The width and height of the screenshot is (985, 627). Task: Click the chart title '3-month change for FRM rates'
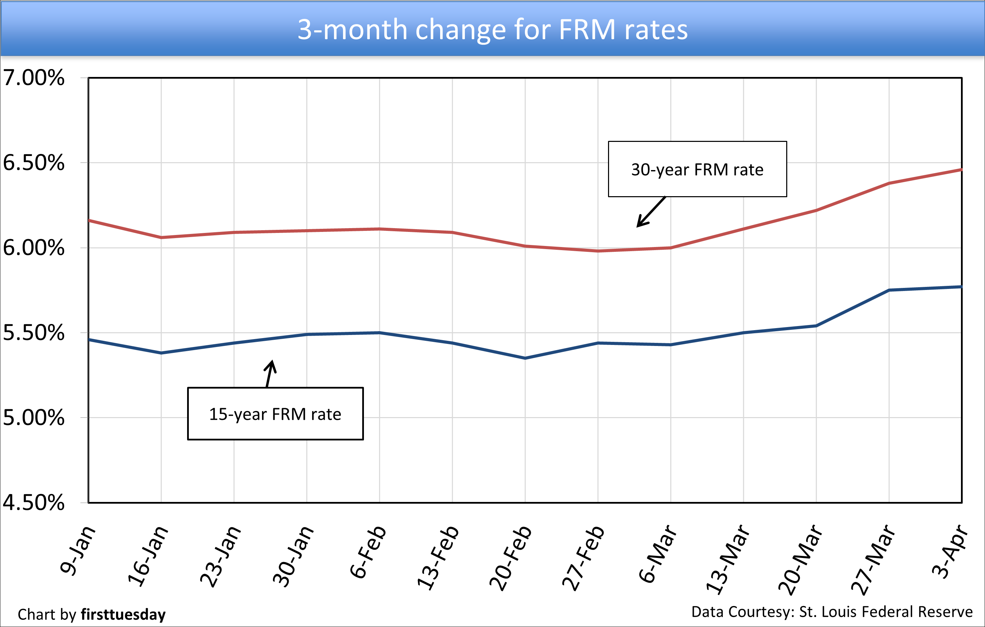click(x=492, y=30)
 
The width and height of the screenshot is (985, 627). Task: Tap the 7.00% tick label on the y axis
click(x=34, y=78)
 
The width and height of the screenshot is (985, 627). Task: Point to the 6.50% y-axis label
click(x=34, y=163)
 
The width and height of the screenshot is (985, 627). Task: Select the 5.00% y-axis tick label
click(x=34, y=418)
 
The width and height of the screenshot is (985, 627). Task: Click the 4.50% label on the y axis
click(x=34, y=503)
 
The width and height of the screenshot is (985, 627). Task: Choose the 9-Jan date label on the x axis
click(x=78, y=550)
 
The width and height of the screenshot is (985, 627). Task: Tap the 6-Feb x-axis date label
click(x=368, y=552)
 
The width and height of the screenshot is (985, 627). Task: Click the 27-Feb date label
click(x=583, y=557)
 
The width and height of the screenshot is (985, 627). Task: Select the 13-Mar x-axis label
click(x=728, y=559)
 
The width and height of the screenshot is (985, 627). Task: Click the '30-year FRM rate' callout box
click(x=697, y=169)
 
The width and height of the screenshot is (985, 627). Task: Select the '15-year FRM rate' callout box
click(x=275, y=414)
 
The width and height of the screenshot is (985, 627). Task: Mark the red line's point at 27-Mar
click(x=889, y=183)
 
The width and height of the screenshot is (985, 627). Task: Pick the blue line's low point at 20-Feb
click(x=525, y=358)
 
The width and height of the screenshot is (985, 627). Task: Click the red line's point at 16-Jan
click(x=161, y=237)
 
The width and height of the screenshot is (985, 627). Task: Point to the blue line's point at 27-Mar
click(x=889, y=290)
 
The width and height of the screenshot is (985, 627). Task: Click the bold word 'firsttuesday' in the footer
click(x=123, y=614)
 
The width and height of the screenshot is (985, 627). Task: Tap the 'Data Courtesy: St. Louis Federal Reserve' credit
click(x=832, y=612)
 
